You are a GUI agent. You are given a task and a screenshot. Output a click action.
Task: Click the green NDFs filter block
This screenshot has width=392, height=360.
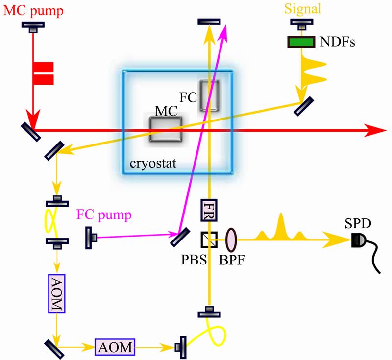[301, 42]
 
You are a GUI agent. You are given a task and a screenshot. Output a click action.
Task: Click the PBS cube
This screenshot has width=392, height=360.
[210, 240]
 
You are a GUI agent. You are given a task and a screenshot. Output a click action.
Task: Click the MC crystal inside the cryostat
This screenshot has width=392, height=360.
[166, 129]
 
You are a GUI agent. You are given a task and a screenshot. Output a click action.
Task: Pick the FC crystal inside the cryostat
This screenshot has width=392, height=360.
[209, 96]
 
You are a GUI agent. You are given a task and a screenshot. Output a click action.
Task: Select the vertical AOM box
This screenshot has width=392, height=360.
[56, 293]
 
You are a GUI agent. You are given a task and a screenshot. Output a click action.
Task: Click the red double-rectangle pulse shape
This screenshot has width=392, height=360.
[43, 72]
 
